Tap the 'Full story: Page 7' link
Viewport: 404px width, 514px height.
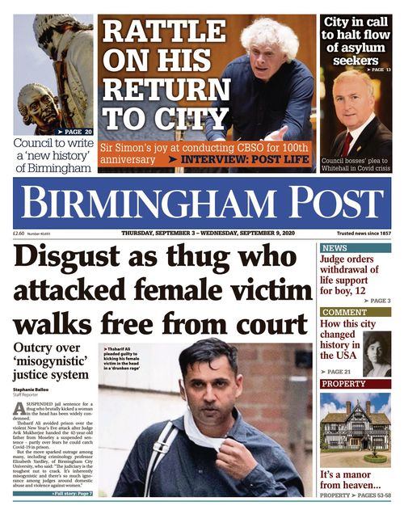point(72,492)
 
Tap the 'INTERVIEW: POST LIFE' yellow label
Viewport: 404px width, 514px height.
point(252,159)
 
